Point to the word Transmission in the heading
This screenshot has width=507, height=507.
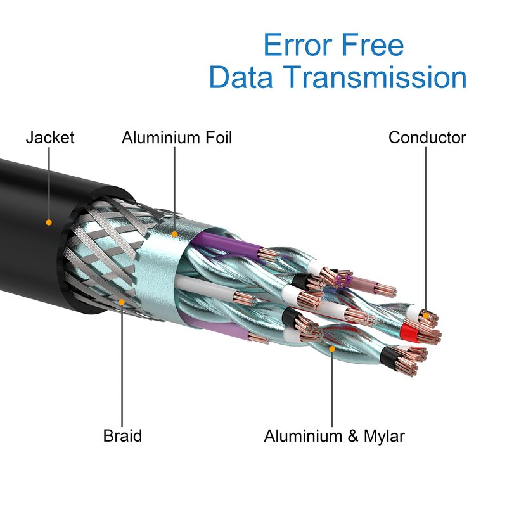(375, 77)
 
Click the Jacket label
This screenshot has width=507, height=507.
(50, 137)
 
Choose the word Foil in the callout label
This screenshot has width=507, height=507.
(212, 137)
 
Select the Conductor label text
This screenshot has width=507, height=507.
(427, 137)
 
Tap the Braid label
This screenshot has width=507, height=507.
(122, 436)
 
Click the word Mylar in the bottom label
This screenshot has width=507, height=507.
(380, 436)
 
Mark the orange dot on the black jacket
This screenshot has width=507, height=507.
(48, 222)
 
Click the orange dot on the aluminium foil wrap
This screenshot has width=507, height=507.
(174, 234)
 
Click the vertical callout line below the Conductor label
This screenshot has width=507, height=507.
(427, 228)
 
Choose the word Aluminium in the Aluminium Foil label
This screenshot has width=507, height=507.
(156, 137)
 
